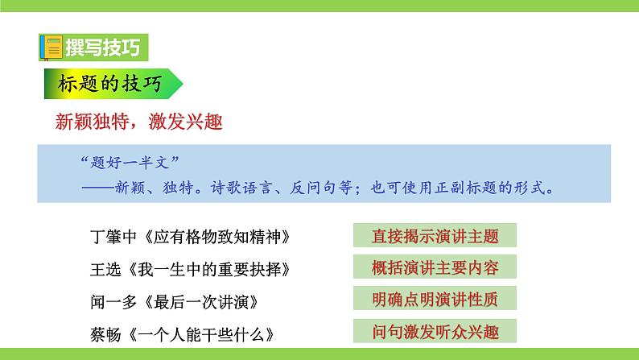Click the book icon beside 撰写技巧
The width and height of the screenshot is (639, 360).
coord(49,47)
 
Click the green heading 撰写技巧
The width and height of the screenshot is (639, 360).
coord(101,48)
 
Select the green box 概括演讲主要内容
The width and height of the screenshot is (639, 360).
coord(435,267)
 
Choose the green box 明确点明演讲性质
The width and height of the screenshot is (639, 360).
coord(435,300)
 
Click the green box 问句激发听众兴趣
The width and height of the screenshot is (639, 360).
coord(435,332)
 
